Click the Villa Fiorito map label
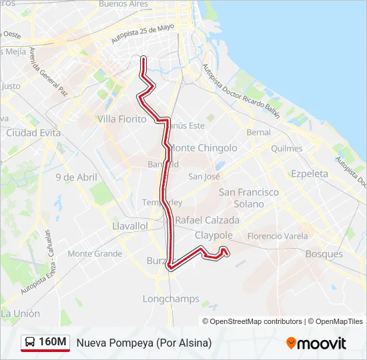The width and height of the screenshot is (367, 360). pos(121,119)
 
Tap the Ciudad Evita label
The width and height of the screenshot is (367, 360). pos(33,133)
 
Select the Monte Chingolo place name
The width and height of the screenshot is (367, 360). pos(204,147)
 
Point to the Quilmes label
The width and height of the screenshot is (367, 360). pos(287,148)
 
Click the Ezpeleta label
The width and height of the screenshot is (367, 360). pos(310,173)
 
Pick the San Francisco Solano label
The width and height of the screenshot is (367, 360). pos(249,197)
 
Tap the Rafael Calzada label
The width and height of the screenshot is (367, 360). pos(207,220)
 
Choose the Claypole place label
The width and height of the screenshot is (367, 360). pos(214,235)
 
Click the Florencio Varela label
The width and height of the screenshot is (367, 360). pos(278,236)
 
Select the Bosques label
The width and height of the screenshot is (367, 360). pos(324,254)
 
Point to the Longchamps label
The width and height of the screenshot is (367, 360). pos(171,299)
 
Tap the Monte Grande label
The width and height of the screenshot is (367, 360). pos(95,253)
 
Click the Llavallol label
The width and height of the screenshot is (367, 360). pos(130,226)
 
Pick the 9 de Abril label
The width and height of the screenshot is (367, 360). pos(76,177)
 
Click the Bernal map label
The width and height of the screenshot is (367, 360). pos(259,133)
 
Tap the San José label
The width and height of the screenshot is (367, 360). pos(204,177)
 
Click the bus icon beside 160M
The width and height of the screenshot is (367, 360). pos(31,343)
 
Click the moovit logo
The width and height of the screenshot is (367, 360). pos(316,343)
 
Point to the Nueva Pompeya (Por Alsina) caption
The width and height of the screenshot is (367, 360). pos(143,343)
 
